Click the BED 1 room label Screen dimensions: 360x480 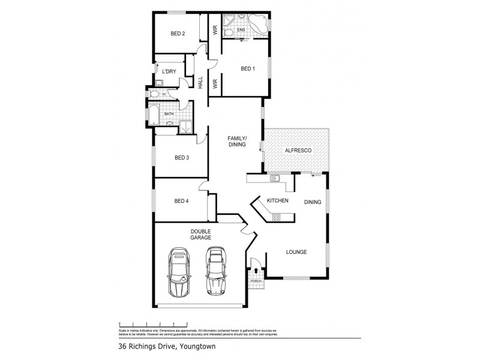[x=248, y=69]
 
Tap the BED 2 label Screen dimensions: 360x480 [x=178, y=34]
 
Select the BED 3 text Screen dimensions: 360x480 [x=182, y=158]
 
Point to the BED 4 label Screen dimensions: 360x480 [x=182, y=201]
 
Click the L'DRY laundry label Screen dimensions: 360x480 [x=169, y=72]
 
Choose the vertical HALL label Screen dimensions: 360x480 [x=200, y=83]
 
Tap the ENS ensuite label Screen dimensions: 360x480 [x=241, y=29]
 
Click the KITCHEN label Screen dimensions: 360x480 [x=278, y=200]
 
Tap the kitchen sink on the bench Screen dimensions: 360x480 [x=276, y=178]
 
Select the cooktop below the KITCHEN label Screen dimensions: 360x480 [x=277, y=217]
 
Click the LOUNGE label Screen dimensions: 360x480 [x=296, y=252]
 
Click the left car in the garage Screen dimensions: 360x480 [x=178, y=272]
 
